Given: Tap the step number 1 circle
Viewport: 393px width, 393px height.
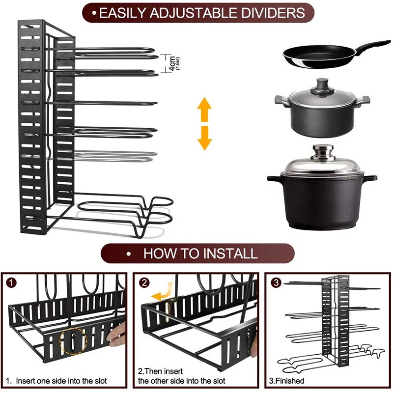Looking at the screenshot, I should (x=13, y=283).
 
